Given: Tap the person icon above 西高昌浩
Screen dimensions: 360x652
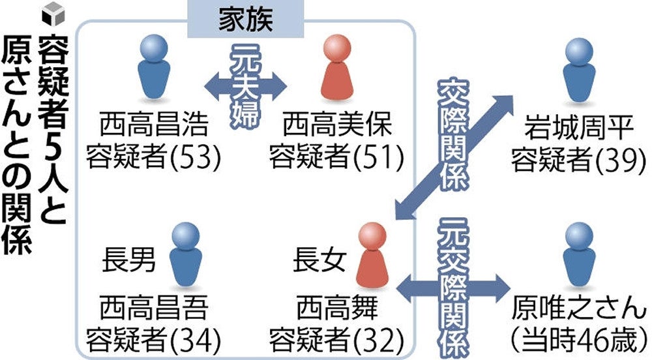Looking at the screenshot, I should point(157,69).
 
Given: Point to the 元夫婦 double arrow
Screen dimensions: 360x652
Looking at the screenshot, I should point(246,83).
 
